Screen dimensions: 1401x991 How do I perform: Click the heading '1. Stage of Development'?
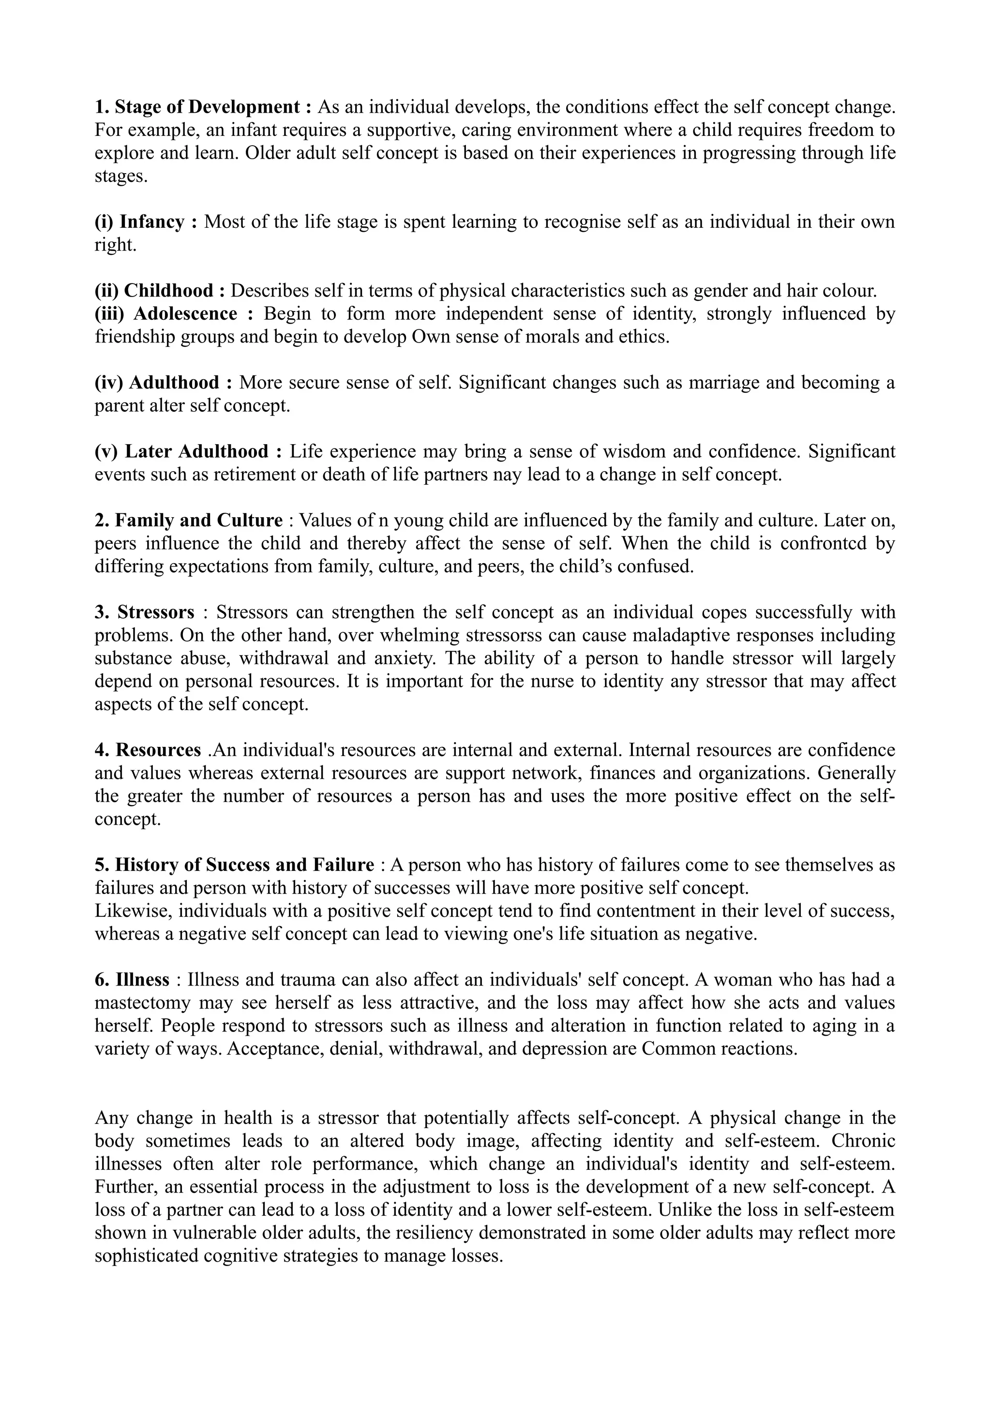203,107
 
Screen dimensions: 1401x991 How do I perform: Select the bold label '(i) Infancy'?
147,222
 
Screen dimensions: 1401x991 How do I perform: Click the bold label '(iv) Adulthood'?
164,383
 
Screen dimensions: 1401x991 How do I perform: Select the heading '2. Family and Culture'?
189,521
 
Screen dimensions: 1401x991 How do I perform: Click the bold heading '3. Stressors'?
145,612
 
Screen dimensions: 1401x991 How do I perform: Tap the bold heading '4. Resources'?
148,750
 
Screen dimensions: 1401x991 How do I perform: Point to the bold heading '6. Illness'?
132,980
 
